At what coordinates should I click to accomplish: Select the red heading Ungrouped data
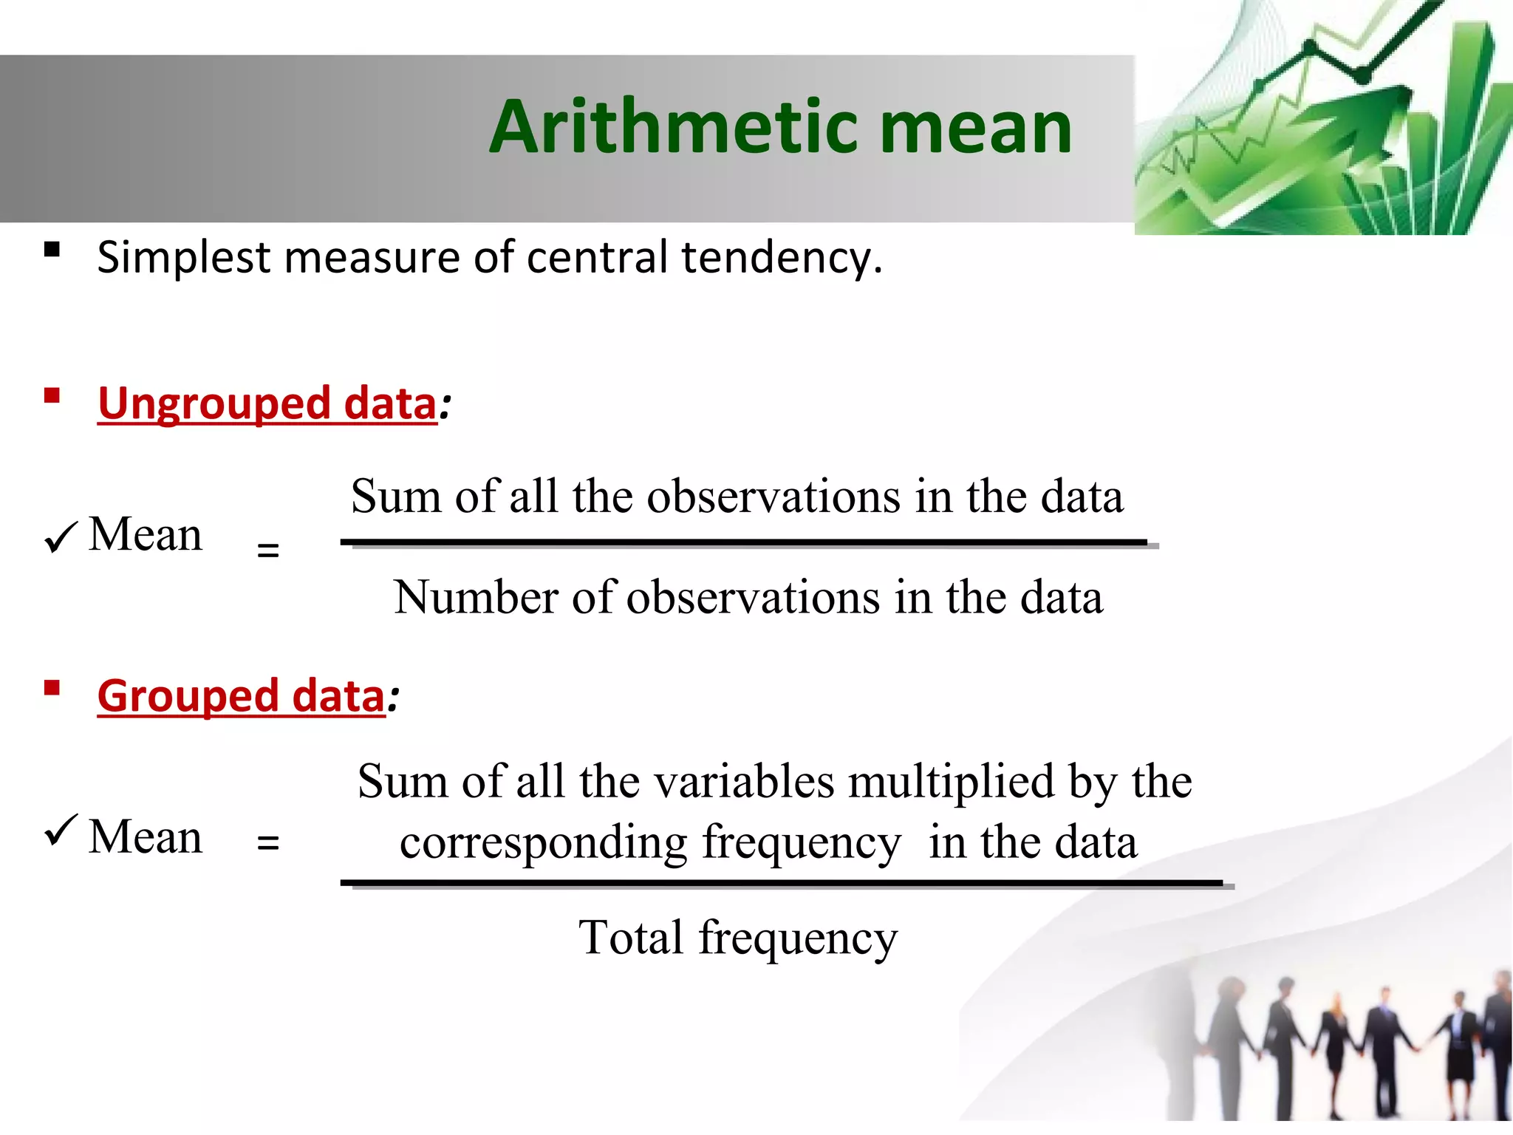tap(267, 403)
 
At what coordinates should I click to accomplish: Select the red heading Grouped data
tap(241, 696)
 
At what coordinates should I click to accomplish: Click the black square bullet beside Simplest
tap(52, 249)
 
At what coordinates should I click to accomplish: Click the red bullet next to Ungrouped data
tap(52, 395)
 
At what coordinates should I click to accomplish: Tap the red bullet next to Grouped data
tap(52, 689)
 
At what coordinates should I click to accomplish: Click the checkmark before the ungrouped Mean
tap(61, 537)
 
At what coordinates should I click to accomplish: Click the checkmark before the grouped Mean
tap(61, 831)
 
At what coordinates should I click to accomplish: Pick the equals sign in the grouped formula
tap(267, 842)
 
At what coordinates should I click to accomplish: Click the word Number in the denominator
tap(476, 597)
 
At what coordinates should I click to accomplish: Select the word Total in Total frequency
tap(630, 938)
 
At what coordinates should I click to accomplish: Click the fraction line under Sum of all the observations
tap(746, 543)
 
